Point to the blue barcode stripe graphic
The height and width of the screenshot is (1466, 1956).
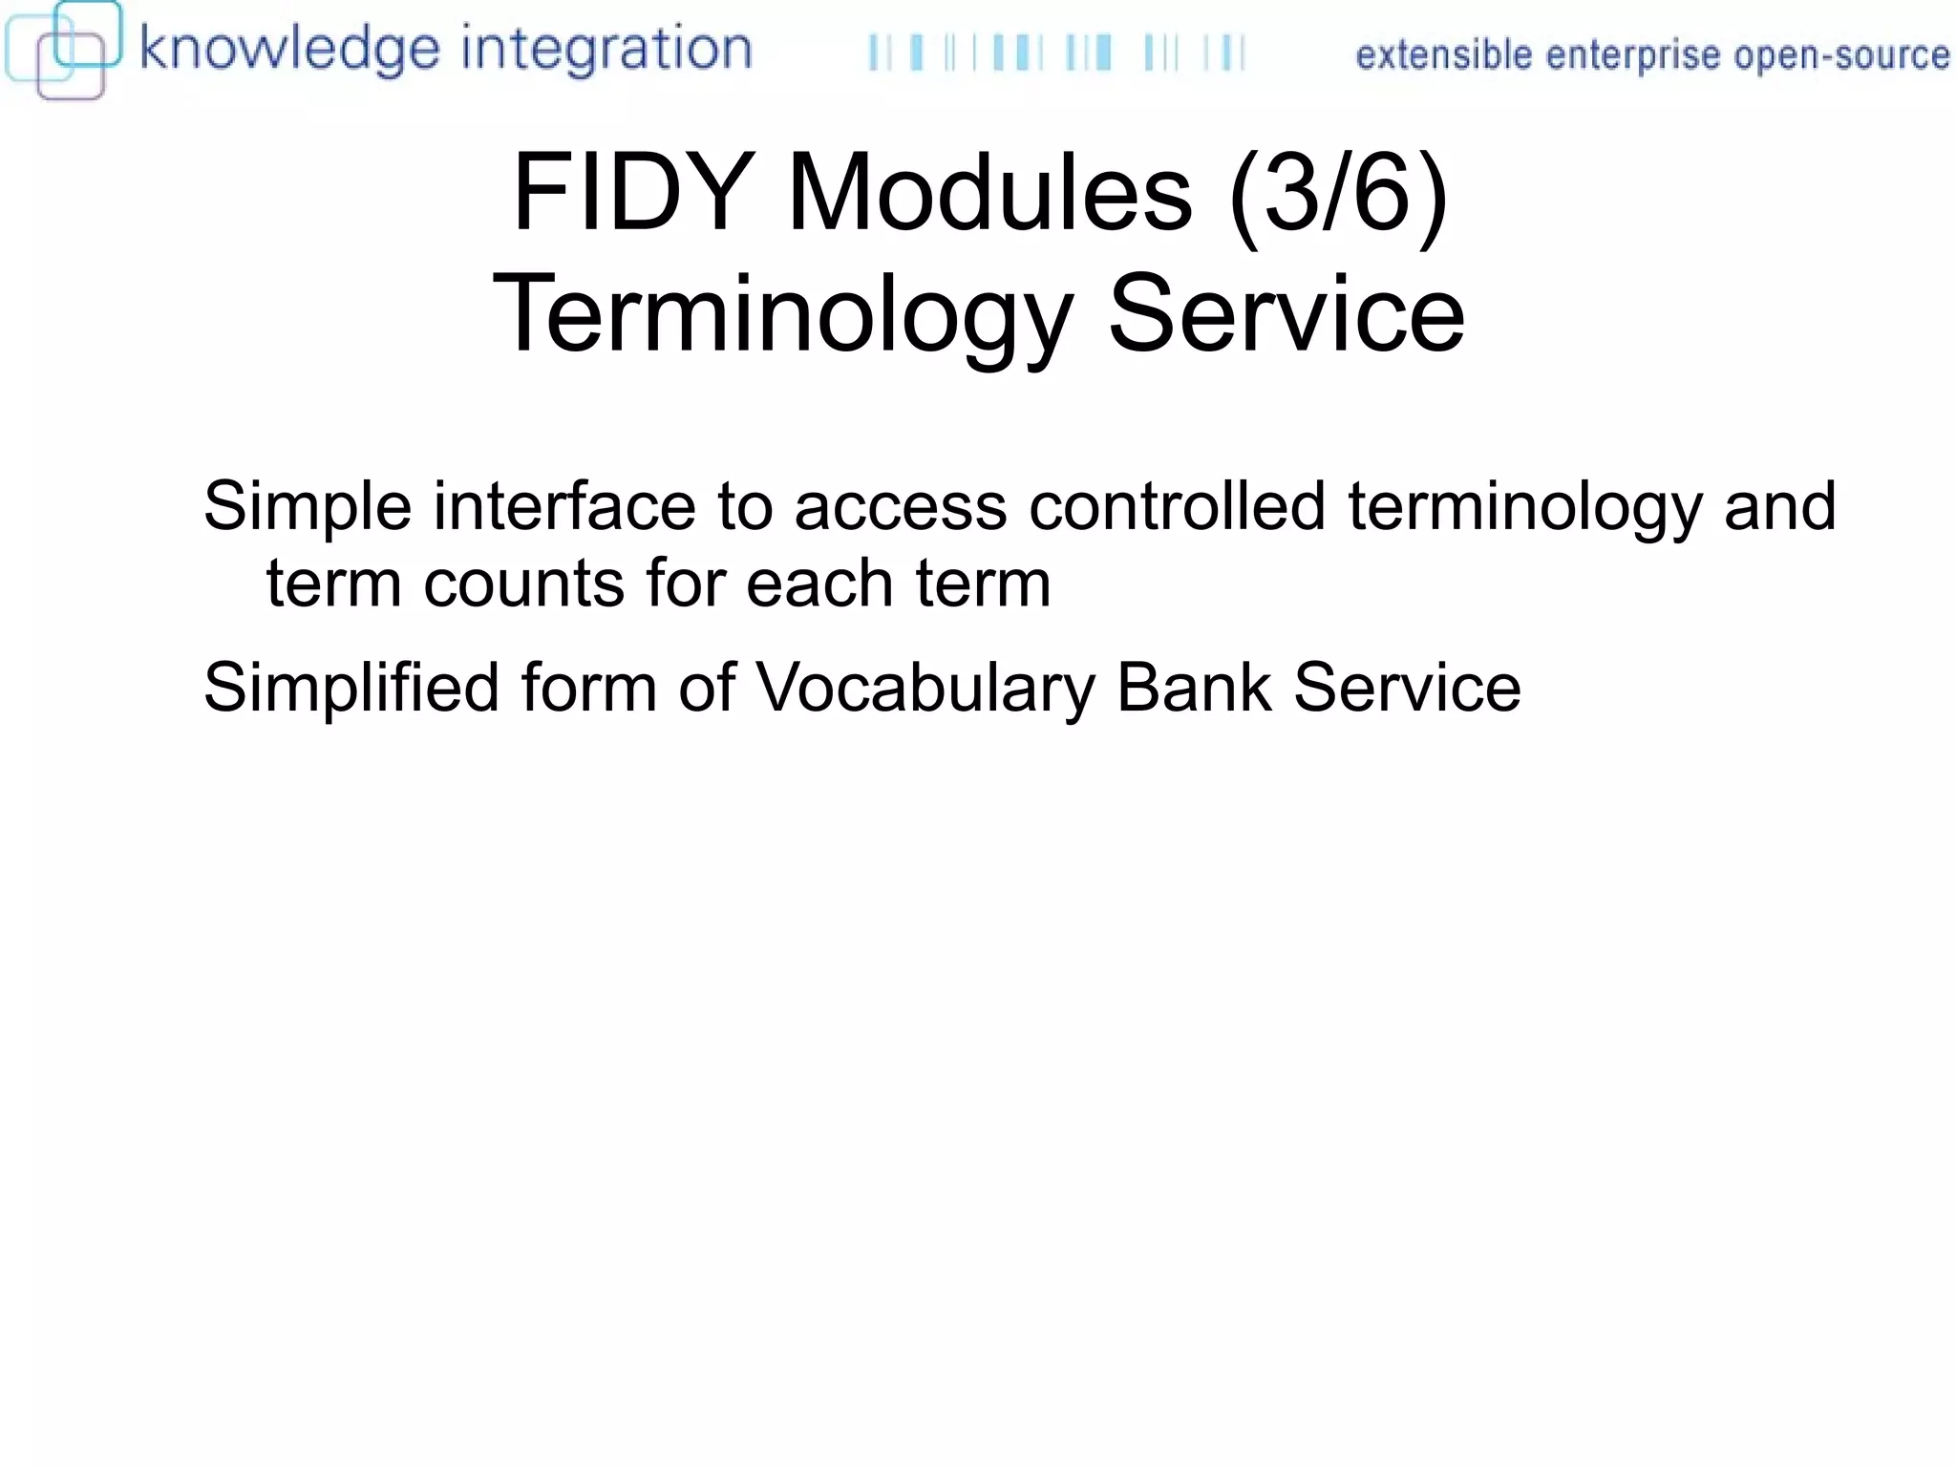[1055, 53]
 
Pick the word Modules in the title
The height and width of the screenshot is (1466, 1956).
[989, 194]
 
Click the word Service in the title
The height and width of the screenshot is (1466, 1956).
[1286, 315]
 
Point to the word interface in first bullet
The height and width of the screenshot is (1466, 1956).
[564, 506]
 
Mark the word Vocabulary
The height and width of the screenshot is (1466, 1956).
[925, 688]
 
